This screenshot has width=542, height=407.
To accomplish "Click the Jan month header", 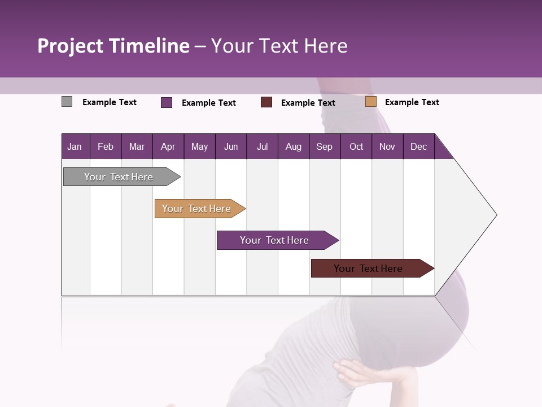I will (75, 146).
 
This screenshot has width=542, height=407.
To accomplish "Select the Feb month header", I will (106, 146).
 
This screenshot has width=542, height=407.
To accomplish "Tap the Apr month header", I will (168, 146).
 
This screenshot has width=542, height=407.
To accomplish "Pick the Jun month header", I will (231, 146).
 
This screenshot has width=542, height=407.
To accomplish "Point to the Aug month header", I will (293, 146).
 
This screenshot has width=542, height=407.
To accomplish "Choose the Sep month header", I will (324, 146).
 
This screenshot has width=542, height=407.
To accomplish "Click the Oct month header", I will (356, 146).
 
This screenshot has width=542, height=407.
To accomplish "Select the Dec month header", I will (418, 146).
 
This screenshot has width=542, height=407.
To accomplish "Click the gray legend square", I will (67, 102).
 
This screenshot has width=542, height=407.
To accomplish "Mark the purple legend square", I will (167, 102).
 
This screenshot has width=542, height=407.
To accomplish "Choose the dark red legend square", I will (266, 102).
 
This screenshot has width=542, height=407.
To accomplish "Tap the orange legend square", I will (371, 102).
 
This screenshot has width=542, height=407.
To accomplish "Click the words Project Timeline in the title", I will (113, 46).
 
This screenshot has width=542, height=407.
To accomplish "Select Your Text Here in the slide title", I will (279, 46).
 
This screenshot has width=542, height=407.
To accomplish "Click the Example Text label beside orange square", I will (412, 102).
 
